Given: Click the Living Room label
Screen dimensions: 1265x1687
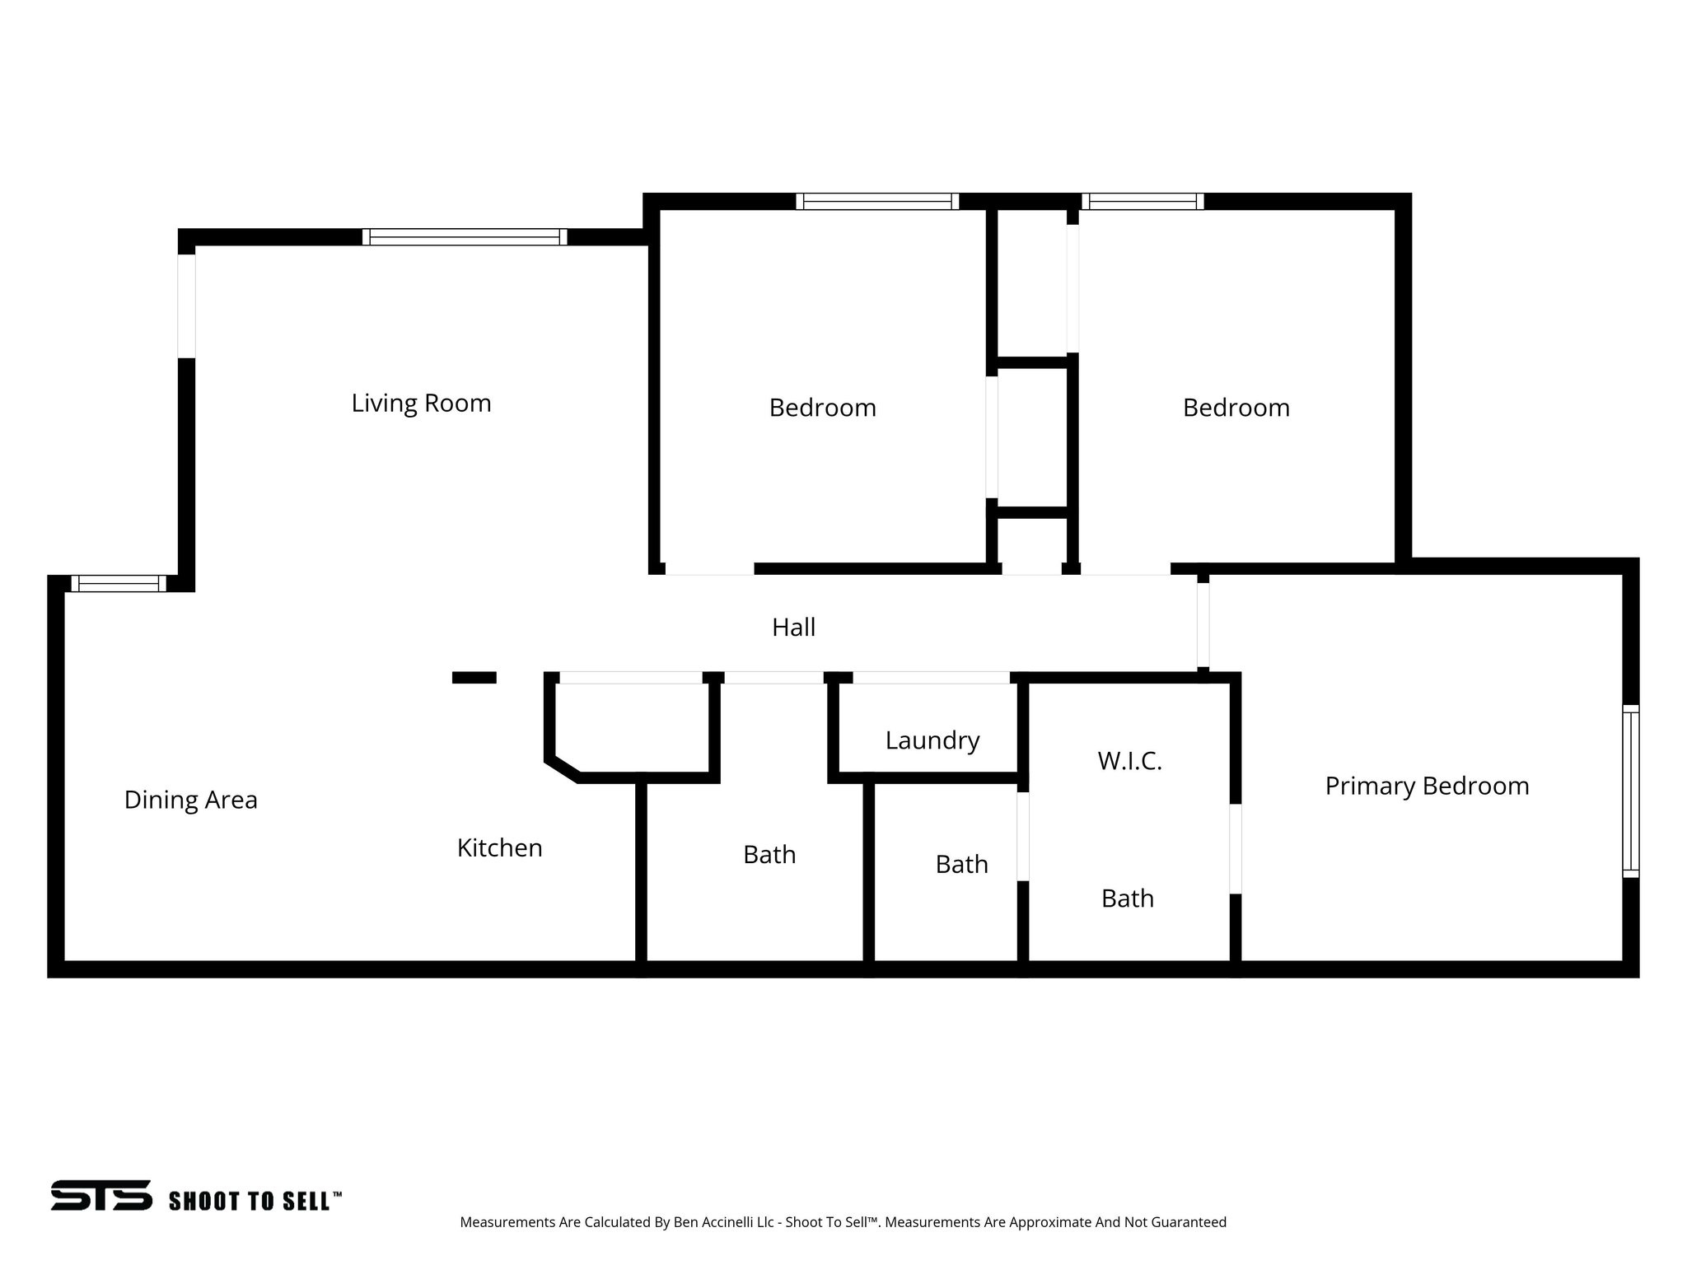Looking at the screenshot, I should (x=421, y=404).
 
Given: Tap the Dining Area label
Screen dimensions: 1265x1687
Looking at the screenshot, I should (x=190, y=801).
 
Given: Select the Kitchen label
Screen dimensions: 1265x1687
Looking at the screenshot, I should (x=499, y=848).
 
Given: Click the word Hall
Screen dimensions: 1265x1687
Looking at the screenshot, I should (x=793, y=628).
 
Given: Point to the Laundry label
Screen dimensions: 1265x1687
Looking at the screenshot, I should (x=932, y=740).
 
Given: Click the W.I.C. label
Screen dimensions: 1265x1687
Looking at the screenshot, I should (x=1129, y=761).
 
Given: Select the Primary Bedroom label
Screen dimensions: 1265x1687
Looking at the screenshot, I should (x=1427, y=786).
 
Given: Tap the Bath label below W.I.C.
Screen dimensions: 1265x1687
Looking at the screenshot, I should (x=1127, y=899).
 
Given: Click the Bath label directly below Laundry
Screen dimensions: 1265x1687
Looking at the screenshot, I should (x=961, y=865).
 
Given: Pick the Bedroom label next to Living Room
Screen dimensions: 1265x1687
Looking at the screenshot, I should (x=822, y=408).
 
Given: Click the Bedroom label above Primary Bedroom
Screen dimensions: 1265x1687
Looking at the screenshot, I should (x=1236, y=408).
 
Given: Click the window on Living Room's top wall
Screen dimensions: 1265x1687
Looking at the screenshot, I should (x=465, y=237).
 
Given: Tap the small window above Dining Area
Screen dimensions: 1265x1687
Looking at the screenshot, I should (x=118, y=584).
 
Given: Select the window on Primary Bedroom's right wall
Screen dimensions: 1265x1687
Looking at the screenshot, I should (x=1630, y=791).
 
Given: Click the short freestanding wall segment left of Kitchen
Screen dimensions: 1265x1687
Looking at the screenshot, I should (x=474, y=678).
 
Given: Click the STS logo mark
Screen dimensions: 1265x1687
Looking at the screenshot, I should (x=100, y=1195).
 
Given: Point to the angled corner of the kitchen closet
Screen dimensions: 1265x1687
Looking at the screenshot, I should (x=563, y=771).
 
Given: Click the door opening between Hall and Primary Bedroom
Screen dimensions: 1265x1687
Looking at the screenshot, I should (x=1203, y=624).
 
